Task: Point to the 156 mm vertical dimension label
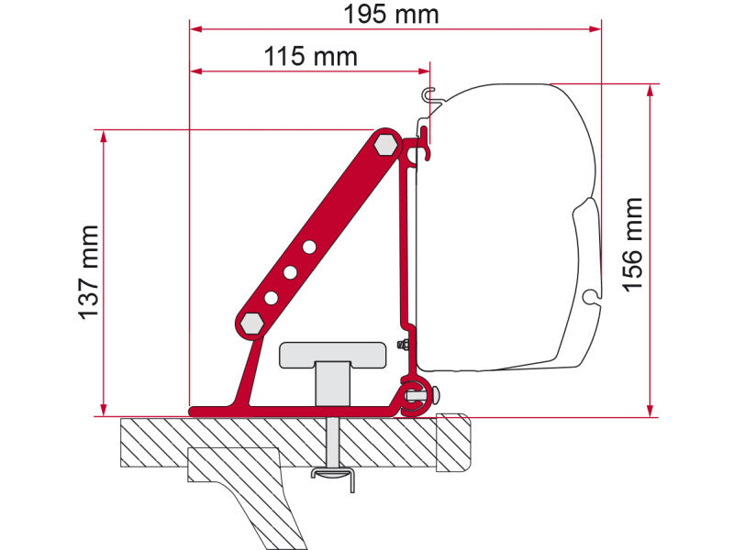pos(633,245)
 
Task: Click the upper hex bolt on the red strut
pos(385,144)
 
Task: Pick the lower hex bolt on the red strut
pos(250,322)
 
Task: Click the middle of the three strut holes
pos(290,272)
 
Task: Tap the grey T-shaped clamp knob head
pos(331,352)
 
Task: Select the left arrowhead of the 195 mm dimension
pos(195,28)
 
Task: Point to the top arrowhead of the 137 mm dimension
pos(104,136)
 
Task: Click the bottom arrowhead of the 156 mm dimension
pos(651,410)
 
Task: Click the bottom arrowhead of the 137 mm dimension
pos(104,410)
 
